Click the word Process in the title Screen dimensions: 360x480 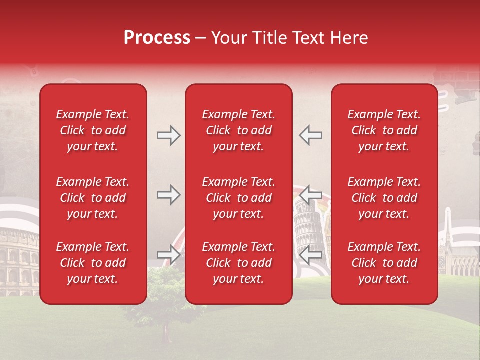pos(157,38)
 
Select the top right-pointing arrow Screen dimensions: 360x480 pos(168,135)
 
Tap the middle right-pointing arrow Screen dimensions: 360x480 pos(168,195)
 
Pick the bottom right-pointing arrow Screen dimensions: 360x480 pos(168,255)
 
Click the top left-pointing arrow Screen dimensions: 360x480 pos(311,135)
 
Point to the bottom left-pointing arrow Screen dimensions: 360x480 pos(311,255)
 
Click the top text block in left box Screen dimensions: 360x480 pos(93,130)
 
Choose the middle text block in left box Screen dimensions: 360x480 pos(93,198)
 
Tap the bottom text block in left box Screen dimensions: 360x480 pos(93,263)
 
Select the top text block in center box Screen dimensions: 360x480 pos(238,130)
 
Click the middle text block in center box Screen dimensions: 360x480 pos(238,198)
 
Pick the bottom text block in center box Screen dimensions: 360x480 pos(238,263)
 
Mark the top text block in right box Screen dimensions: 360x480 pos(384,130)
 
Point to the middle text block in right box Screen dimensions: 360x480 pos(384,198)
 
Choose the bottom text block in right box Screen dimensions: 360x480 pos(384,263)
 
